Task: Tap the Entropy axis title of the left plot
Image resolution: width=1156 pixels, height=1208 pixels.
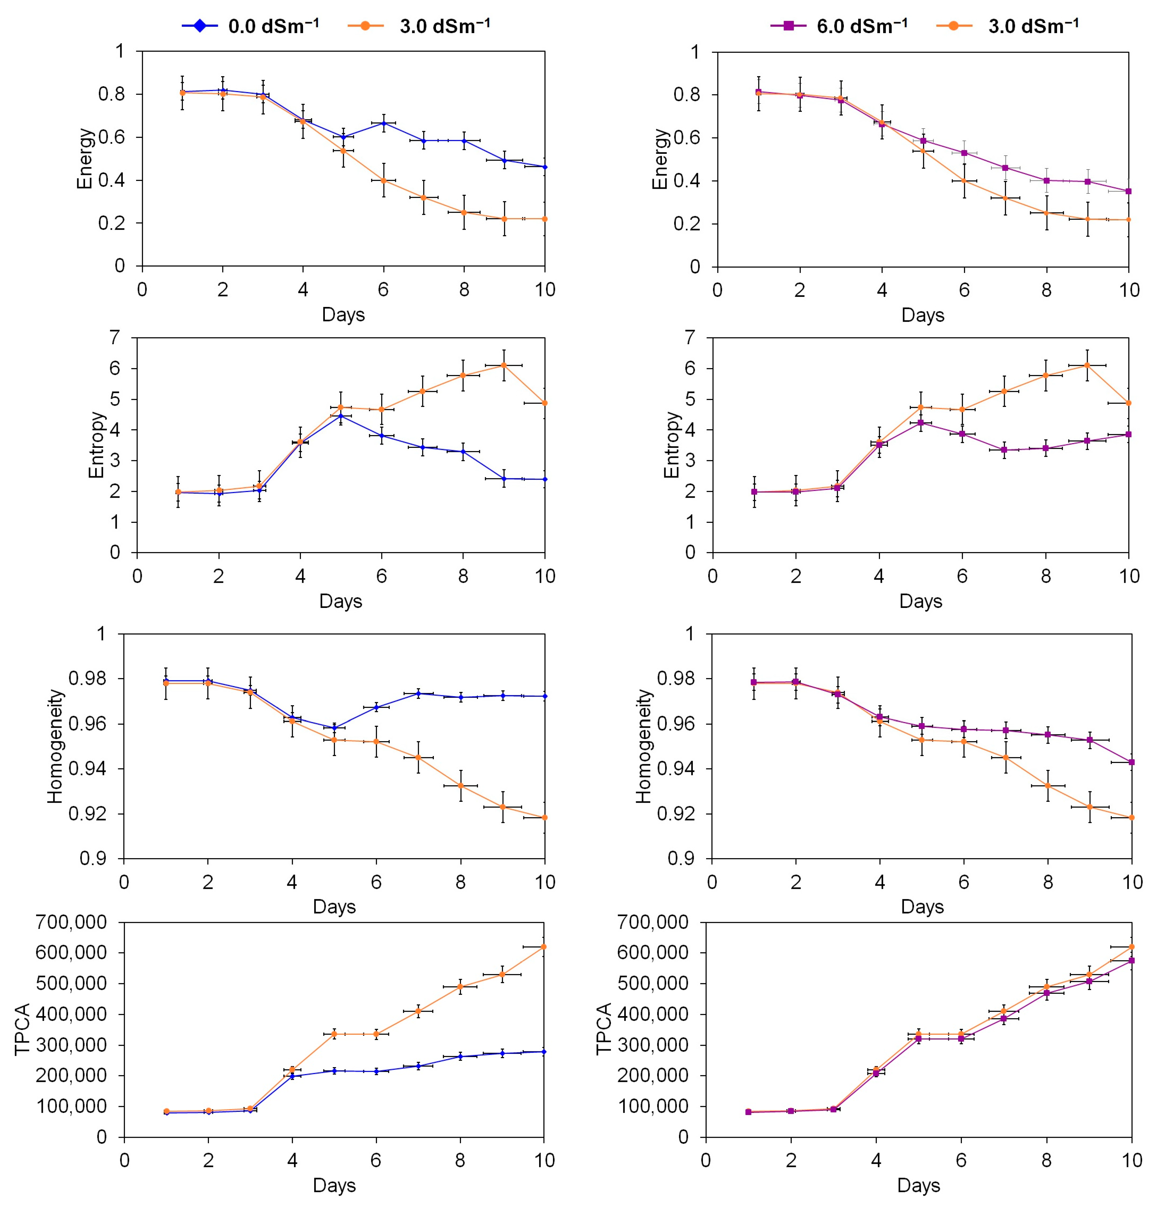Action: coord(96,445)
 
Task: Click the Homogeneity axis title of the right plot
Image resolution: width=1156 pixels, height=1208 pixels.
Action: coord(643,746)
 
